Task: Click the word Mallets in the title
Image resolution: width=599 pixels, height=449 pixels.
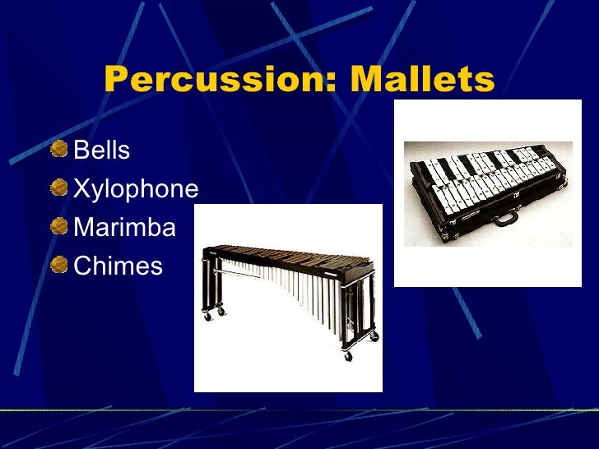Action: (x=422, y=80)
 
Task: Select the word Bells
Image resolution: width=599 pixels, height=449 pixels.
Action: (x=102, y=150)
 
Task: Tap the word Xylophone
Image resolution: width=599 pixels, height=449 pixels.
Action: (x=136, y=190)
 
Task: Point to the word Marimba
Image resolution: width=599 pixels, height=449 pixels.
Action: (x=124, y=228)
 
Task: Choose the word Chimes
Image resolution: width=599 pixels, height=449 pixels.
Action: (x=118, y=266)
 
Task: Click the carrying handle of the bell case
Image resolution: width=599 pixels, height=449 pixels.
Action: (x=504, y=220)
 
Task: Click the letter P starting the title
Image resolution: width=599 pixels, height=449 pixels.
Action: (x=118, y=80)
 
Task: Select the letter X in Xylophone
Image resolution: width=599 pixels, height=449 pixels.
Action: (x=82, y=190)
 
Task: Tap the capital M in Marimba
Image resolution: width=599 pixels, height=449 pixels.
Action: (x=84, y=228)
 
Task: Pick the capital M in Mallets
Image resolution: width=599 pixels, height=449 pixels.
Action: (x=365, y=80)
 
